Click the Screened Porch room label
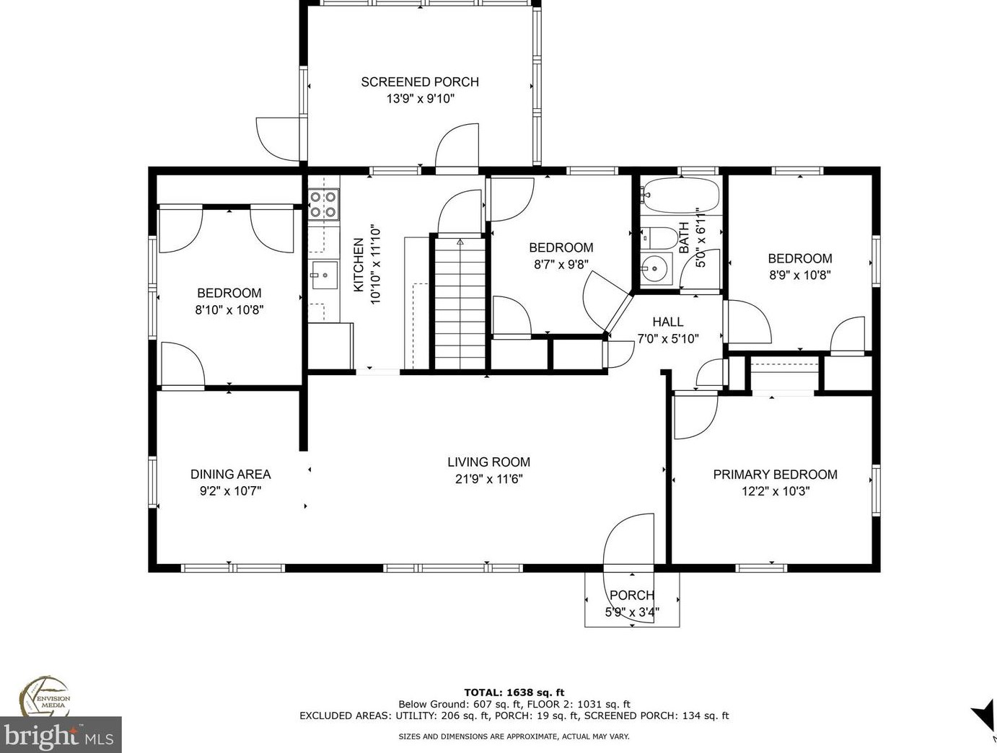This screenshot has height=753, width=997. [x=420, y=82]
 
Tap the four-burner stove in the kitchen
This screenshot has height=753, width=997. [x=323, y=204]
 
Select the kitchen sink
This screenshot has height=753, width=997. [x=325, y=275]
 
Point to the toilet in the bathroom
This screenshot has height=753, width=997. [x=659, y=237]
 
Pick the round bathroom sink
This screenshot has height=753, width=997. [x=656, y=268]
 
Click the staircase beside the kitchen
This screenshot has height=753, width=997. [x=460, y=304]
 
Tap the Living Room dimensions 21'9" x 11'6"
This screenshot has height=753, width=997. [x=488, y=479]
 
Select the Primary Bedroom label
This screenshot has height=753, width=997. [x=775, y=474]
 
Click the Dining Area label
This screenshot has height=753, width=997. [x=230, y=474]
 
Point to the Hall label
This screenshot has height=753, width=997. [x=668, y=322]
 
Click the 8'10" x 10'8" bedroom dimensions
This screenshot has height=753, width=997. [x=229, y=309]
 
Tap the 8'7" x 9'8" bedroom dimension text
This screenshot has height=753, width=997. [x=561, y=264]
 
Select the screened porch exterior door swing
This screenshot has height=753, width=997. [x=278, y=139]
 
